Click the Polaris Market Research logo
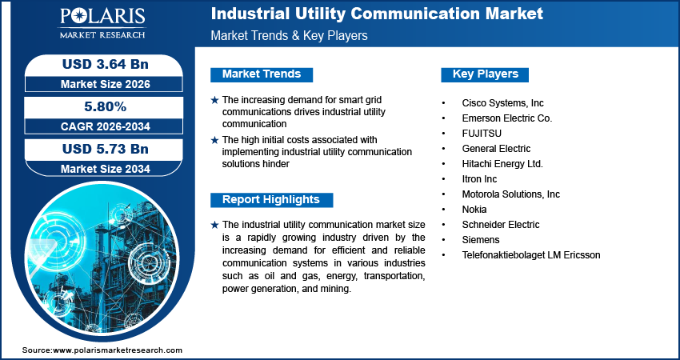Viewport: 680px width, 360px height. pyautogui.click(x=101, y=24)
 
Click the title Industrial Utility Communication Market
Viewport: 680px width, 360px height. pyautogui.click(x=377, y=14)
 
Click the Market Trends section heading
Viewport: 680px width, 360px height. pyautogui.click(x=262, y=74)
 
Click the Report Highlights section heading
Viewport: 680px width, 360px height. pyautogui.click(x=270, y=200)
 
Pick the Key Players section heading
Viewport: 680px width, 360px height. pyautogui.click(x=485, y=74)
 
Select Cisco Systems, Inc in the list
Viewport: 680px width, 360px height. pyautogui.click(x=502, y=103)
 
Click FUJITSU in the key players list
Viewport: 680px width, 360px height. pyautogui.click(x=482, y=134)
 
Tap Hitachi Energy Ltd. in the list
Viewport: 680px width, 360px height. pyautogui.click(x=502, y=164)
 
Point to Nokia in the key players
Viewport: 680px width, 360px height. pyautogui.click(x=474, y=210)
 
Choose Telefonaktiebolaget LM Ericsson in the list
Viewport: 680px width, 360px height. pyautogui.click(x=530, y=255)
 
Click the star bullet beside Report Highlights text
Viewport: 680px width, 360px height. pyautogui.click(x=214, y=225)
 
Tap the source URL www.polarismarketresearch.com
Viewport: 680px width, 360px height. pyautogui.click(x=118, y=350)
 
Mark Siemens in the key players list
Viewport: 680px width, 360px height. pyautogui.click(x=481, y=240)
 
